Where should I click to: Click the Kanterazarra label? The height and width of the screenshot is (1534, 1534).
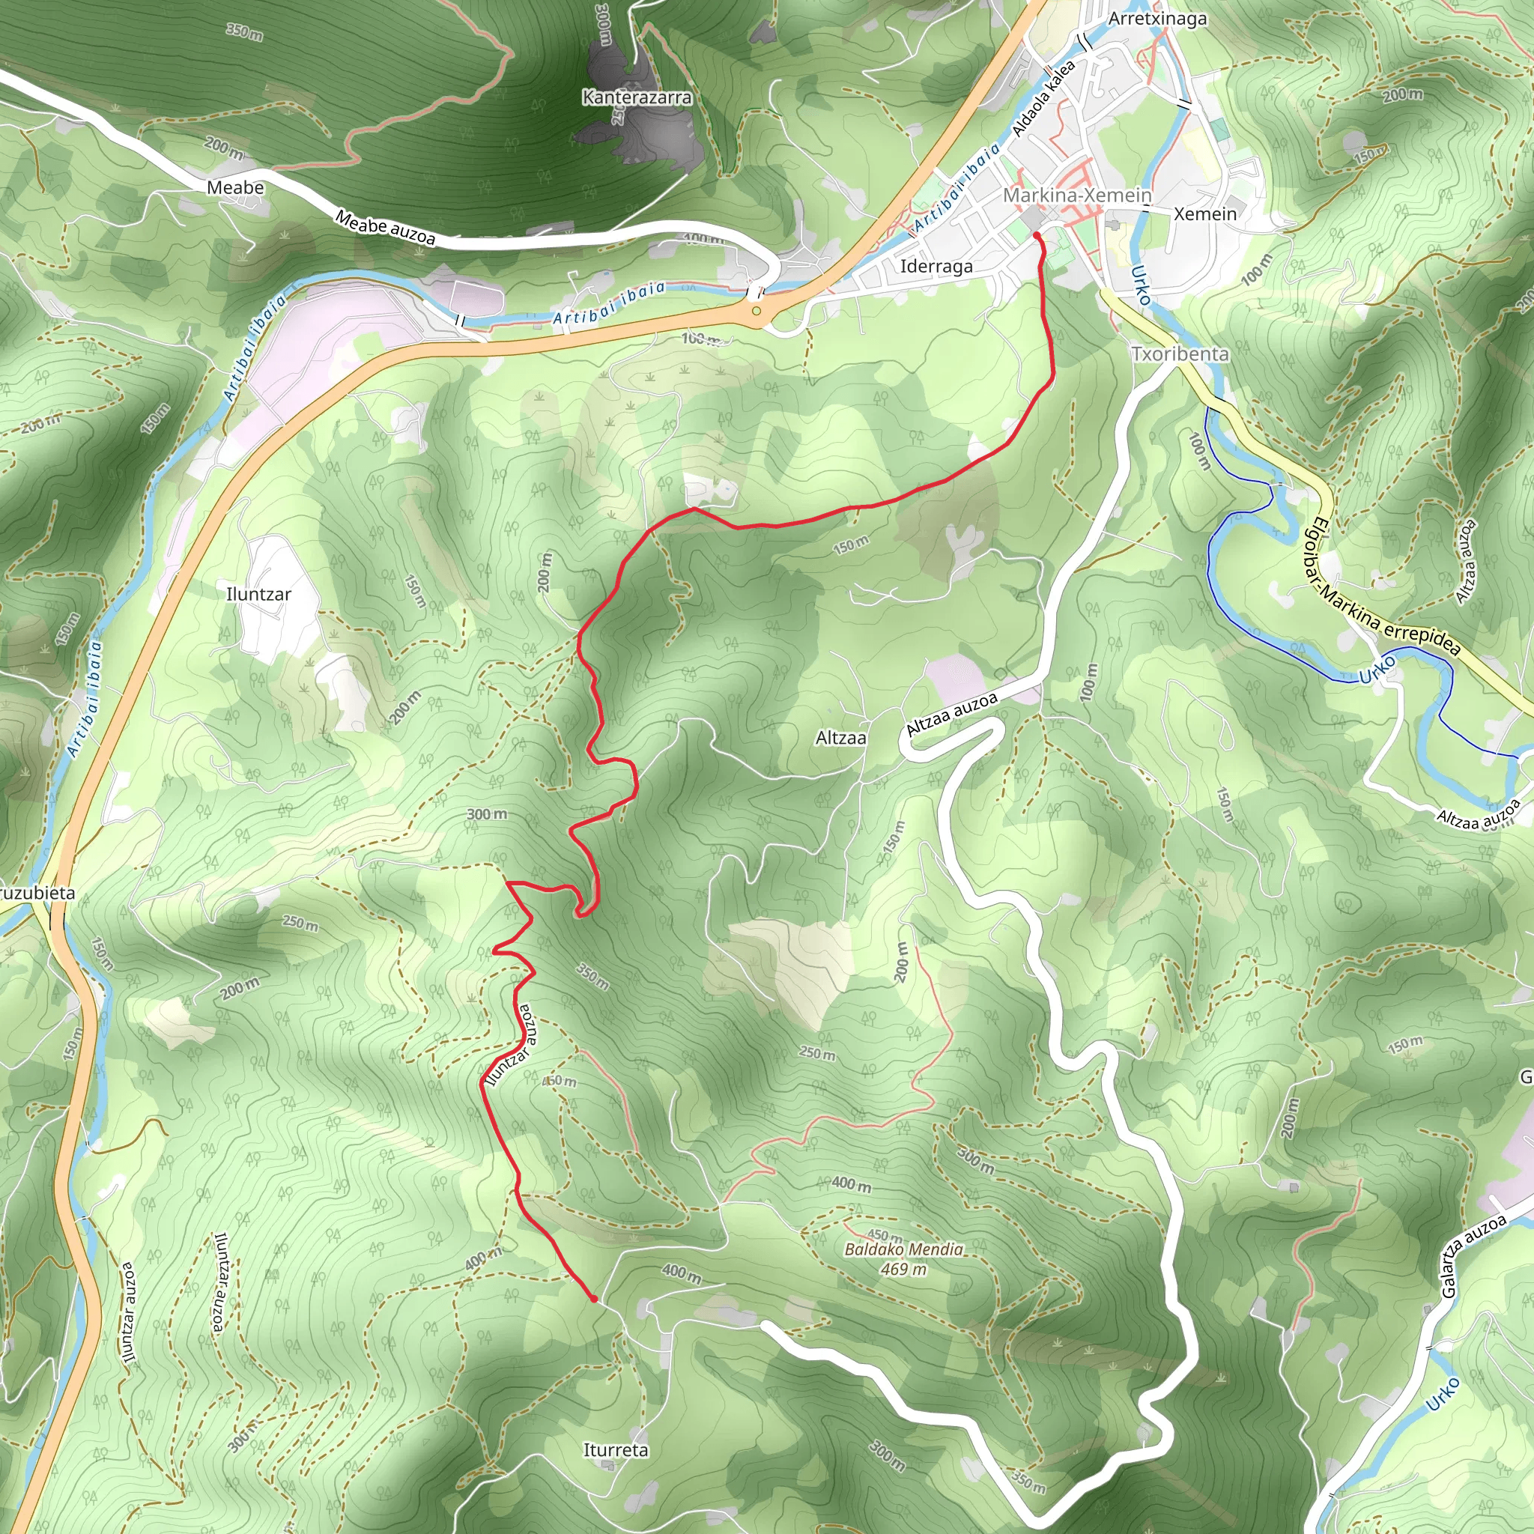(x=637, y=97)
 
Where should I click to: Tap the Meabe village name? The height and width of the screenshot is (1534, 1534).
(x=235, y=188)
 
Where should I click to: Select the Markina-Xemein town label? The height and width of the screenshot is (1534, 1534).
(x=1076, y=195)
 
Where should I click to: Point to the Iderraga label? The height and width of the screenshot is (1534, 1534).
(x=936, y=266)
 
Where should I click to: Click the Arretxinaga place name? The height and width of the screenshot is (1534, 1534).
(x=1158, y=18)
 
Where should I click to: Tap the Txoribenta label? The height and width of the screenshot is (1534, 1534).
(x=1180, y=354)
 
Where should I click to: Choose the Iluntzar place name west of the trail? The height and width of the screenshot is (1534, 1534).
(x=259, y=594)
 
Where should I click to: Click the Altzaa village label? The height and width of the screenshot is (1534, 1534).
(x=841, y=738)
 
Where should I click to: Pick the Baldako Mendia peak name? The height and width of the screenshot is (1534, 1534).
(x=903, y=1249)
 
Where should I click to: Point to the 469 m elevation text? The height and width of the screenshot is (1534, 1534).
(x=903, y=1269)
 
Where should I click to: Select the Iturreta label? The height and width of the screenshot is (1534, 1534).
(x=616, y=1450)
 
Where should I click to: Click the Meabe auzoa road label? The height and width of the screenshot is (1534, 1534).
(x=385, y=228)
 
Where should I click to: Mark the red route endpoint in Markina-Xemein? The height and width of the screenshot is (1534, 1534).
(x=1037, y=236)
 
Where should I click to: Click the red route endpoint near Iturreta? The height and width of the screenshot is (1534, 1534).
(x=594, y=1299)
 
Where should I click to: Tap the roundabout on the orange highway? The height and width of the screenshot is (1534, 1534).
(x=757, y=312)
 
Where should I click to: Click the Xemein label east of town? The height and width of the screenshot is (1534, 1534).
(x=1204, y=213)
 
